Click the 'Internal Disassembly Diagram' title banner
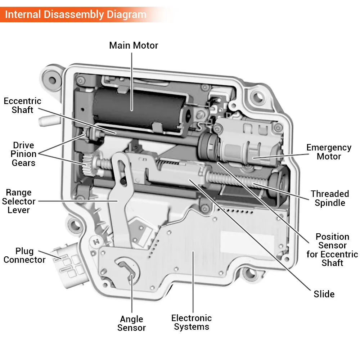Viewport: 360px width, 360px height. click(x=76, y=15)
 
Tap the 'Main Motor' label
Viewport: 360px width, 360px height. click(x=134, y=45)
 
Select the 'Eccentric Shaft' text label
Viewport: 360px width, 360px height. click(x=22, y=105)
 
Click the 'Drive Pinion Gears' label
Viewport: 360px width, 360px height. click(x=23, y=154)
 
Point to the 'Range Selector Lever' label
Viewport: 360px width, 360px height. click(x=19, y=201)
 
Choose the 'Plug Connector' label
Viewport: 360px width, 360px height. click(x=24, y=255)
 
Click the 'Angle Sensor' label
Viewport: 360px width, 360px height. click(x=131, y=323)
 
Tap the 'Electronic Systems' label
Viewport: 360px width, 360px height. click(x=191, y=322)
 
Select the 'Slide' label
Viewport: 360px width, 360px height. click(x=324, y=294)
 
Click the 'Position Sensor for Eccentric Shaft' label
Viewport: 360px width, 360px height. click(x=332, y=249)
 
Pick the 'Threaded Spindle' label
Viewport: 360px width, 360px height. click(x=330, y=198)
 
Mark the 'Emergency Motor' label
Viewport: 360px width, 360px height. click(x=329, y=152)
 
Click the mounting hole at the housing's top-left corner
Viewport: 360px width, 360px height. click(x=52, y=77)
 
